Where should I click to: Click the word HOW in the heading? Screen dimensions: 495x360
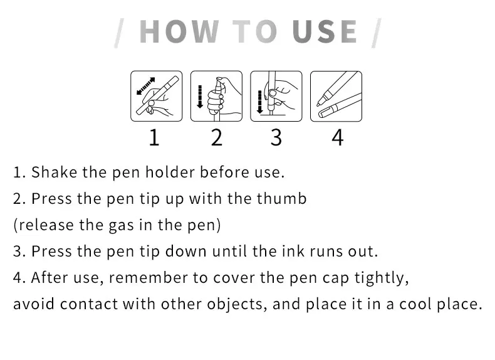point(179,31)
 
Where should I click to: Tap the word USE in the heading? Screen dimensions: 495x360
point(325,31)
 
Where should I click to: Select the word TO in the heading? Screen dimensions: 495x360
point(255,31)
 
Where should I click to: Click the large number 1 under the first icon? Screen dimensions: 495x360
point(154,137)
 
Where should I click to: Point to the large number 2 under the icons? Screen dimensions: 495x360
point(217,137)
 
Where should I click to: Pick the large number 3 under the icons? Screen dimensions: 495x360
point(276,137)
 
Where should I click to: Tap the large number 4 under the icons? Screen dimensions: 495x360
point(337,137)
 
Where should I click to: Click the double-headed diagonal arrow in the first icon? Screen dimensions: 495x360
point(145,86)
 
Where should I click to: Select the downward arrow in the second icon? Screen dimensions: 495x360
point(199,97)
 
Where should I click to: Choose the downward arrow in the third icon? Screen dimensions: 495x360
point(259,102)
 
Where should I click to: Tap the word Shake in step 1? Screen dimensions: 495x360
point(55,172)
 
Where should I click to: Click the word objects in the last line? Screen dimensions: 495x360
point(235,305)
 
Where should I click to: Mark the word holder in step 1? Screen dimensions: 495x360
point(170,172)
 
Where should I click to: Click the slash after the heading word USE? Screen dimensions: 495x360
point(377,33)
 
